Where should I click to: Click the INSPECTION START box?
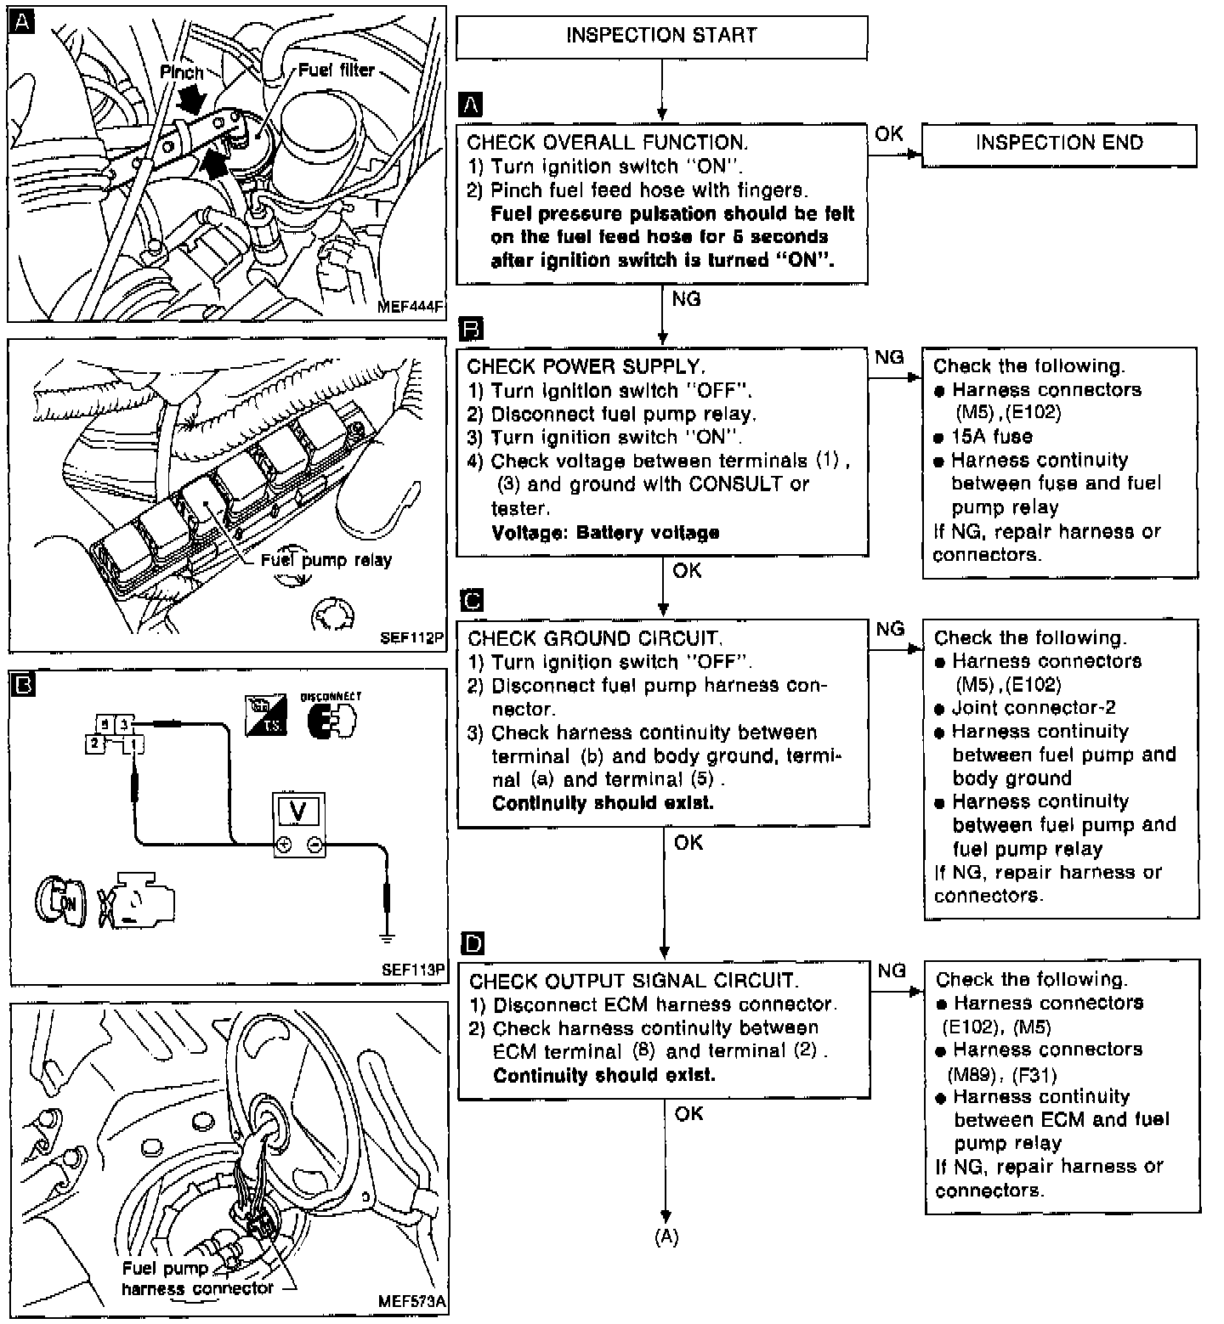[x=661, y=36]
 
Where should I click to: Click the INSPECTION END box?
[x=1059, y=143]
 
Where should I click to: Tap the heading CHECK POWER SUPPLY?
[x=586, y=367]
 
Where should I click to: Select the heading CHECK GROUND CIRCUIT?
[x=595, y=639]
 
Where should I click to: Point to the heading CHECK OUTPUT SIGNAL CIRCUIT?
[x=633, y=982]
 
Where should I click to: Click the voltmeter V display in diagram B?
[x=298, y=812]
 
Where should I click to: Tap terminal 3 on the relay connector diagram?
[x=123, y=724]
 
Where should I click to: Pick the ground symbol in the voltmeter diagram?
[x=387, y=938]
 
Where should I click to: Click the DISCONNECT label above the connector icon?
[x=331, y=697]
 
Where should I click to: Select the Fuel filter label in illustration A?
[x=337, y=70]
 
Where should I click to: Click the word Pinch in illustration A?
[x=182, y=72]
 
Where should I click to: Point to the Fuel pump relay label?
[x=326, y=560]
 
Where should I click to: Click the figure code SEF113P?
[x=413, y=969]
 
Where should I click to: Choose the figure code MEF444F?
[x=411, y=308]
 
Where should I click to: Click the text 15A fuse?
[x=992, y=437]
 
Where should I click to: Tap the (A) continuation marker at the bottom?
[x=666, y=1238]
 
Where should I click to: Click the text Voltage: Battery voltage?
[x=605, y=533]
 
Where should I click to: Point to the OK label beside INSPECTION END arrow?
[x=888, y=134]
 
